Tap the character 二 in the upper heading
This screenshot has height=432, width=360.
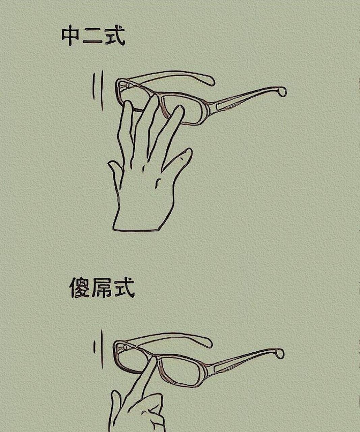point(92,37)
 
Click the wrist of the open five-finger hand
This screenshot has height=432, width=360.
point(137,223)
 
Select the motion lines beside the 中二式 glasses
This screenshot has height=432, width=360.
point(98,89)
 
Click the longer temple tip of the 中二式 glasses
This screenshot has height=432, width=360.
point(282,91)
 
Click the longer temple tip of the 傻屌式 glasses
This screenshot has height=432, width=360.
point(280,353)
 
